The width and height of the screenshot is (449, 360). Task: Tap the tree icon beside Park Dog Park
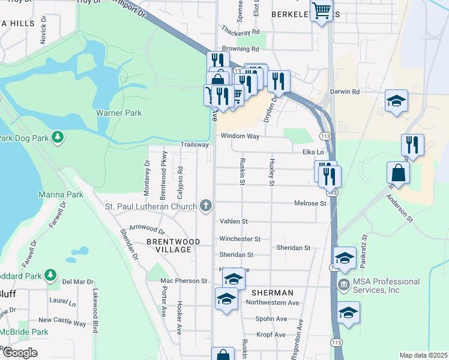[58, 137]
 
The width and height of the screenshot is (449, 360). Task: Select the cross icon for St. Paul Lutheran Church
[206, 207]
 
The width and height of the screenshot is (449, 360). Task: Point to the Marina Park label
[60, 194]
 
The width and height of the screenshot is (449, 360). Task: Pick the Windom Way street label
[240, 136]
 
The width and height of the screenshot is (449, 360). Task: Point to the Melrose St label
[310, 203]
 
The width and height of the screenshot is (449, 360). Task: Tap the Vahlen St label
[234, 221]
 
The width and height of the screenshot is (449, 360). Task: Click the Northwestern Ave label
[272, 303]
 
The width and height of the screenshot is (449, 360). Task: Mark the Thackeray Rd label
[240, 31]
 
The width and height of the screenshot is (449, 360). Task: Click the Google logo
[20, 353]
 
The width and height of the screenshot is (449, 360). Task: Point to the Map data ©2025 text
[423, 355]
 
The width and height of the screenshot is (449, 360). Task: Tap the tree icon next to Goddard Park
[52, 275]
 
